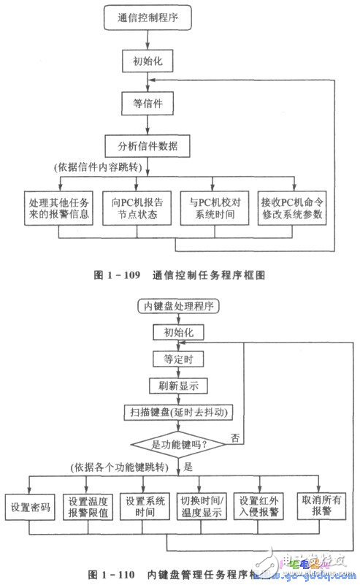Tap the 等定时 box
click(x=178, y=359)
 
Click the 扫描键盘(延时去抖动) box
click(x=178, y=412)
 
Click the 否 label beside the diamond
click(x=234, y=438)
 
